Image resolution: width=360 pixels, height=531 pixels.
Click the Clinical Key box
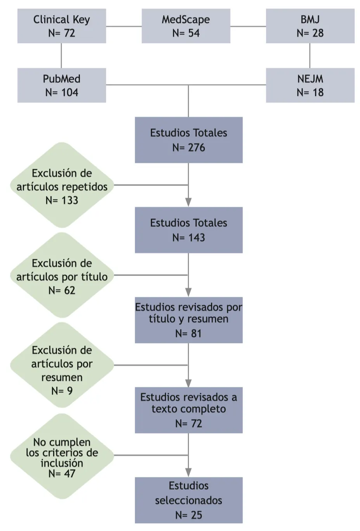pos(62,26)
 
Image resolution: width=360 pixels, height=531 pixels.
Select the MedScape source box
pos(186,26)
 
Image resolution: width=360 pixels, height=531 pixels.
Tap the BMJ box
pos(310,26)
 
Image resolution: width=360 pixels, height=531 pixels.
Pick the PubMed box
pos(62,85)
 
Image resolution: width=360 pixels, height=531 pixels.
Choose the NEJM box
pos(310,85)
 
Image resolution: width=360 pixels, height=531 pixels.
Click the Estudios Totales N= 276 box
pos(189,140)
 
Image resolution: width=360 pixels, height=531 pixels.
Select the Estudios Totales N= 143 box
pos(189,230)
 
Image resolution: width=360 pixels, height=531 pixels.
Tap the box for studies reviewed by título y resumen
pos(189,320)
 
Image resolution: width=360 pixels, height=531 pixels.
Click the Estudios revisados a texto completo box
pos(189,410)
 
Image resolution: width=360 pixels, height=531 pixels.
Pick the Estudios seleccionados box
pos(189,500)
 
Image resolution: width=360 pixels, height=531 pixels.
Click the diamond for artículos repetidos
pos(62,185)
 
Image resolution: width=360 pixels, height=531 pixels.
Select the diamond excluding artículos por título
pos(62,275)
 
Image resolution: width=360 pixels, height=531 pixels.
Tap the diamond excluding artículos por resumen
pos(62,365)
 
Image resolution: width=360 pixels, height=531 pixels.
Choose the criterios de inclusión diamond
pos(62,456)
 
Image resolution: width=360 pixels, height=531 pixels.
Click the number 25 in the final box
pos(196,515)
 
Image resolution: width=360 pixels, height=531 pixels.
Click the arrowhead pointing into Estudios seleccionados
pos(189,472)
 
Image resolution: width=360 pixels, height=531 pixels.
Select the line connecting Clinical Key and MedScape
pos(124,26)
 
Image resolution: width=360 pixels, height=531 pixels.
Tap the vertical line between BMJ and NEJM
pos(310,56)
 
